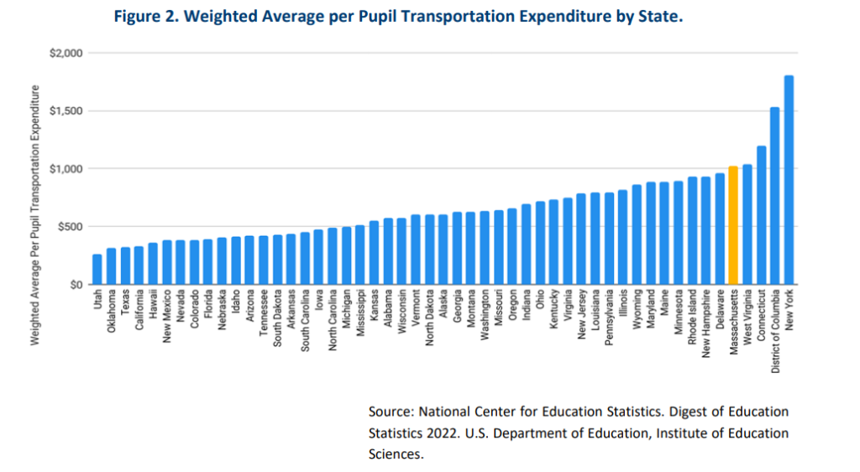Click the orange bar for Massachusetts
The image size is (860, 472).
733,225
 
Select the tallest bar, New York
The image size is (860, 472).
789,180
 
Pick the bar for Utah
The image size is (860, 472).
97,269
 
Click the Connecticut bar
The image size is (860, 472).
761,215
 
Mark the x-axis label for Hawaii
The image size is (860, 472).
153,302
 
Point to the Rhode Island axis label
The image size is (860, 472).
692,316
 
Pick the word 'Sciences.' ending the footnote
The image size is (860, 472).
396,454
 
